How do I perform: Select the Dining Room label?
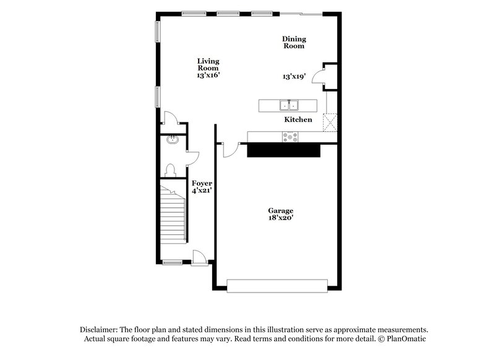click(x=295, y=42)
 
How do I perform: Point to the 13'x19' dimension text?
click(x=295, y=77)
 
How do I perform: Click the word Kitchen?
click(x=298, y=119)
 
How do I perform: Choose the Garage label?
click(x=280, y=210)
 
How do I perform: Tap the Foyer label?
click(x=202, y=184)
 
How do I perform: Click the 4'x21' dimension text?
click(x=202, y=192)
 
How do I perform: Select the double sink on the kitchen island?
click(x=289, y=105)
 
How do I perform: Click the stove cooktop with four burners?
click(x=290, y=137)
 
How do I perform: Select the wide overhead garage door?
click(x=277, y=285)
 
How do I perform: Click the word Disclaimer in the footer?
click(x=100, y=330)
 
